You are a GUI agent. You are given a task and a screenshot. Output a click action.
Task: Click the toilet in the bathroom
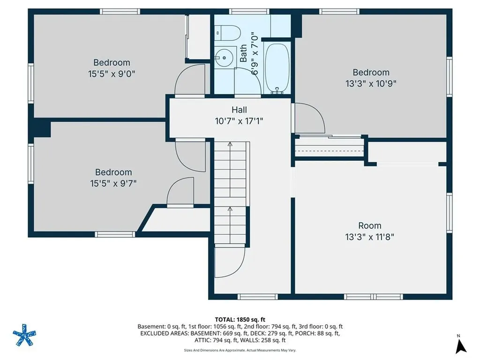click(228, 33)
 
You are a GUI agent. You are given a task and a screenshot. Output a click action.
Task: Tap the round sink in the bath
click(224, 58)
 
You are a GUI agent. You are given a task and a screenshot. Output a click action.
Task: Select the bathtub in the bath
click(277, 68)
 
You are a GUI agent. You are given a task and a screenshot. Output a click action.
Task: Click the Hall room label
click(239, 110)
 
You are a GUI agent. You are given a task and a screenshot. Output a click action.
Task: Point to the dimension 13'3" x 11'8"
click(369, 237)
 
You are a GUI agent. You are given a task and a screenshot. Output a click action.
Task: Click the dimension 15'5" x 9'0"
click(112, 74)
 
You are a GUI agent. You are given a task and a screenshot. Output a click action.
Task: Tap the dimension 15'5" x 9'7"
click(113, 183)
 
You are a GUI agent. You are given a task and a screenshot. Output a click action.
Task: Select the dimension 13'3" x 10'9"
click(371, 83)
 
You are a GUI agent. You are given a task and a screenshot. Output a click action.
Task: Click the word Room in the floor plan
click(370, 225)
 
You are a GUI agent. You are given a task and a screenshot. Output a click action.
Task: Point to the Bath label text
click(243, 53)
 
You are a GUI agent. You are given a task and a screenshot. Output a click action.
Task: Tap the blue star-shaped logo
click(24, 335)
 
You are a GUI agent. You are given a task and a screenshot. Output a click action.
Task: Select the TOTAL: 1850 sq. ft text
click(240, 320)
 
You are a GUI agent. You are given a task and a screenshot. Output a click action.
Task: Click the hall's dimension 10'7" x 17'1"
click(239, 121)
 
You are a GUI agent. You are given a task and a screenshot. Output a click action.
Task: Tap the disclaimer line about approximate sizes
click(240, 350)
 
